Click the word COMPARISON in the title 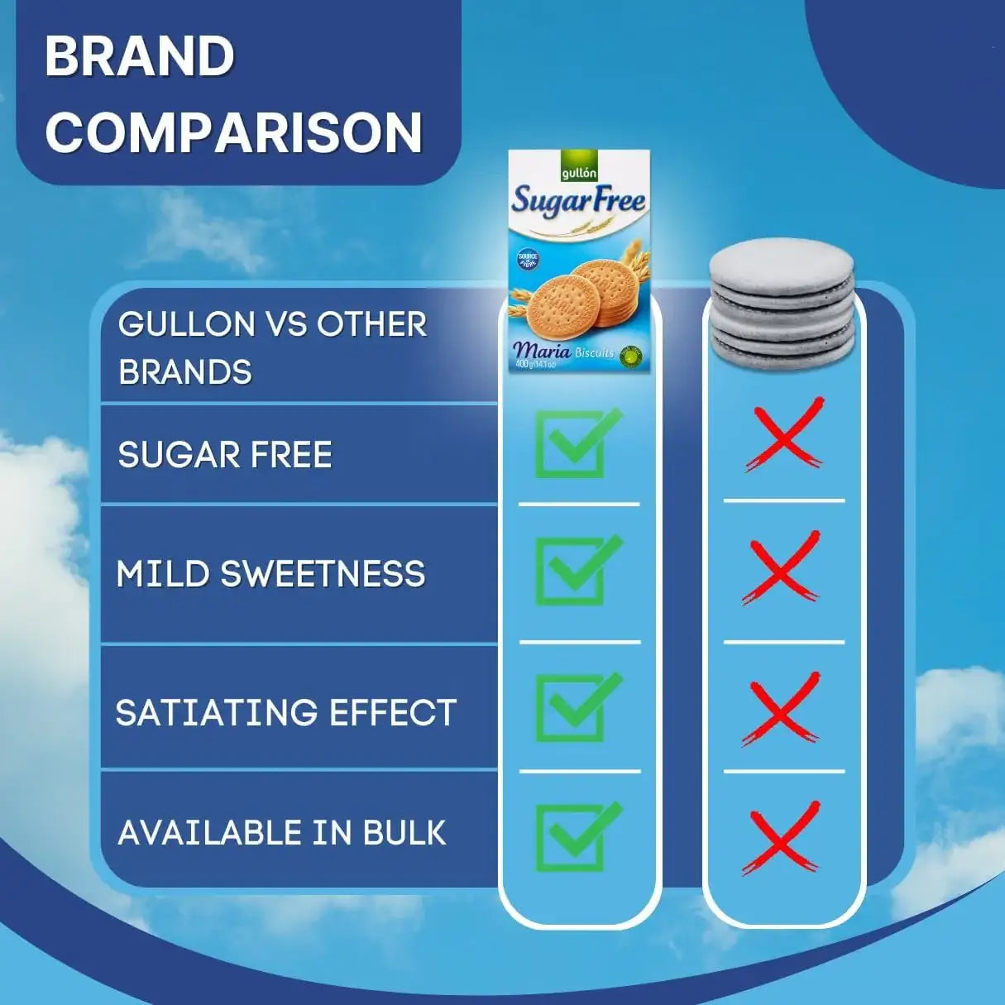click(x=234, y=132)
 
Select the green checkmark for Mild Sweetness click(x=577, y=571)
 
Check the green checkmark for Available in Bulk click(x=577, y=836)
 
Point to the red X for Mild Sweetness click(x=782, y=569)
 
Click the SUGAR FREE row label click(x=225, y=455)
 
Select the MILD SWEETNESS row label click(x=270, y=574)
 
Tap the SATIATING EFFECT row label click(x=285, y=713)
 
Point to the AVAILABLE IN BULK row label click(x=282, y=833)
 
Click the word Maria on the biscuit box click(x=542, y=350)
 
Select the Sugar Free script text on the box click(x=578, y=201)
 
